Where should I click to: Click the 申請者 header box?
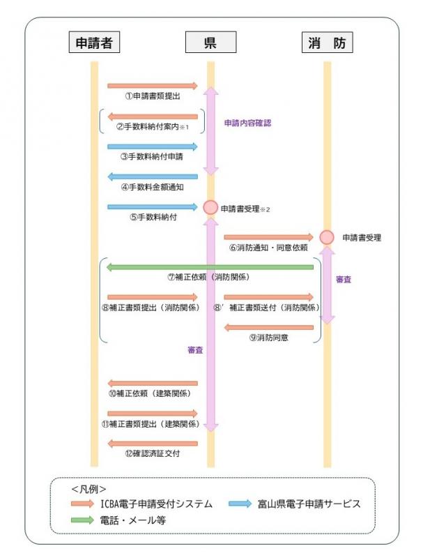tap(94, 43)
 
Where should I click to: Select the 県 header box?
tap(210, 43)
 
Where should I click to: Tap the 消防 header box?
tap(327, 43)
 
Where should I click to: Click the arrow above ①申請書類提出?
tap(153, 86)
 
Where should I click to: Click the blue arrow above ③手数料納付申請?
tap(153, 146)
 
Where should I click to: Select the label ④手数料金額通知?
tap(151, 187)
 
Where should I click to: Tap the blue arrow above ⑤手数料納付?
tap(153, 206)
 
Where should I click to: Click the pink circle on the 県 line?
tap(210, 208)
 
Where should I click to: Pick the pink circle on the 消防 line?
tap(326, 237)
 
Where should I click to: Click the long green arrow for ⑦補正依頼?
tap(210, 266)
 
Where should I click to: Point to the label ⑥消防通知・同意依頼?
tap(268, 248)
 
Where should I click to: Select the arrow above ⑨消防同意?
tap(268, 326)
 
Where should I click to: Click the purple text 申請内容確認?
tap(247, 122)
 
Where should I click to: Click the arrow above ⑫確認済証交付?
tap(153, 442)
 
